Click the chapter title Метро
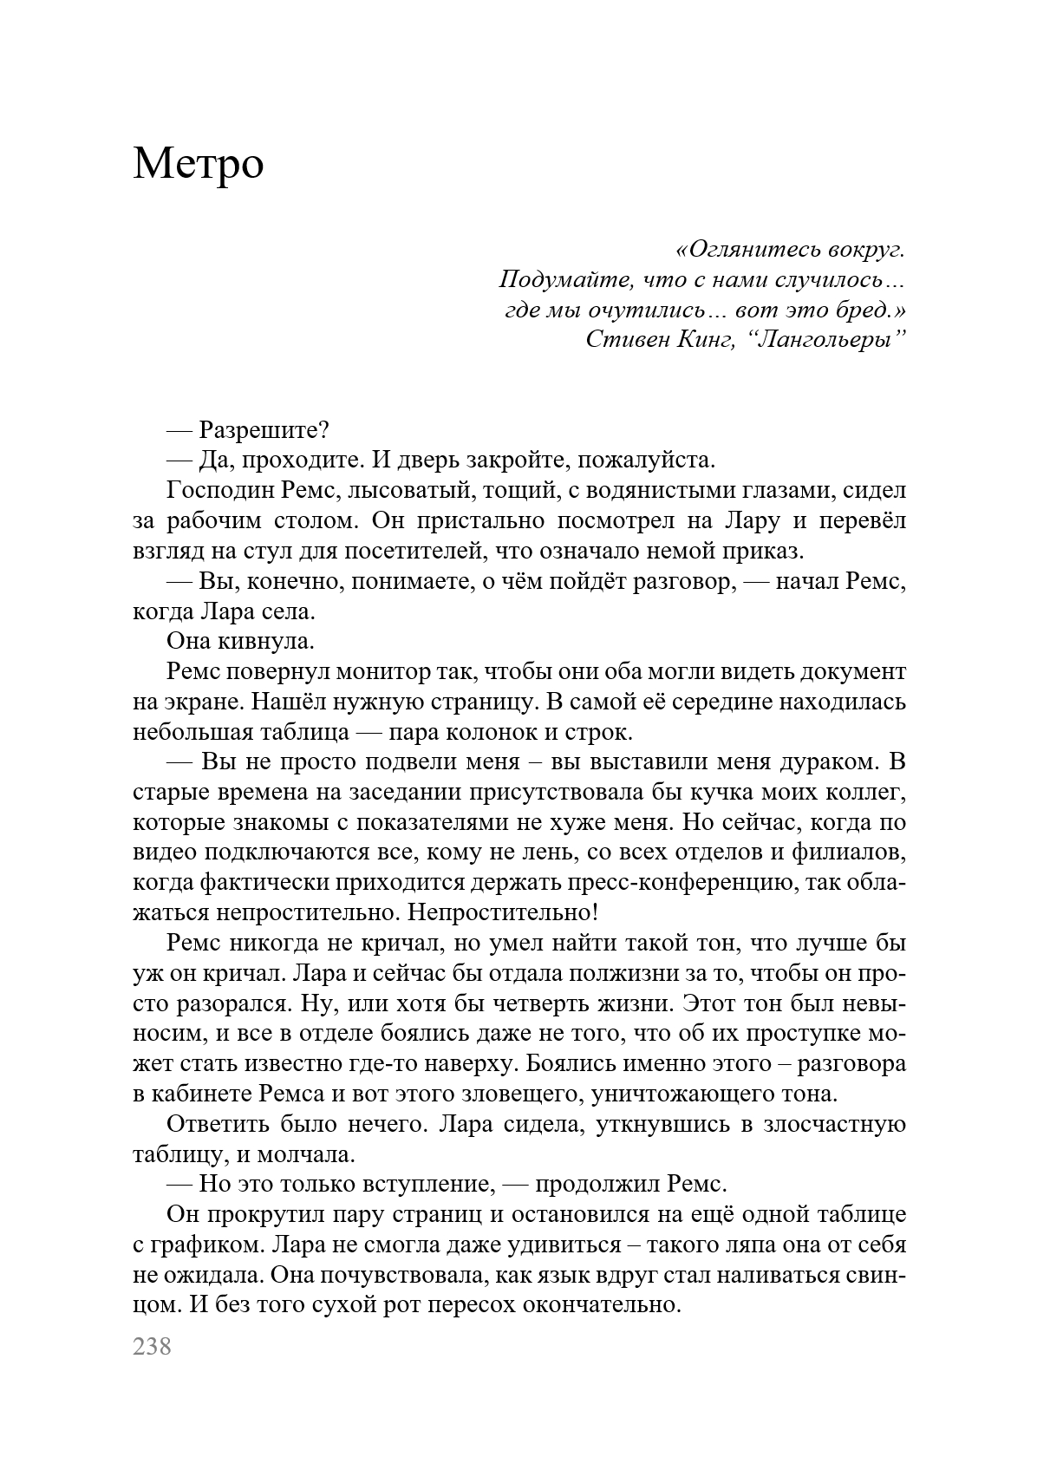tap(199, 164)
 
